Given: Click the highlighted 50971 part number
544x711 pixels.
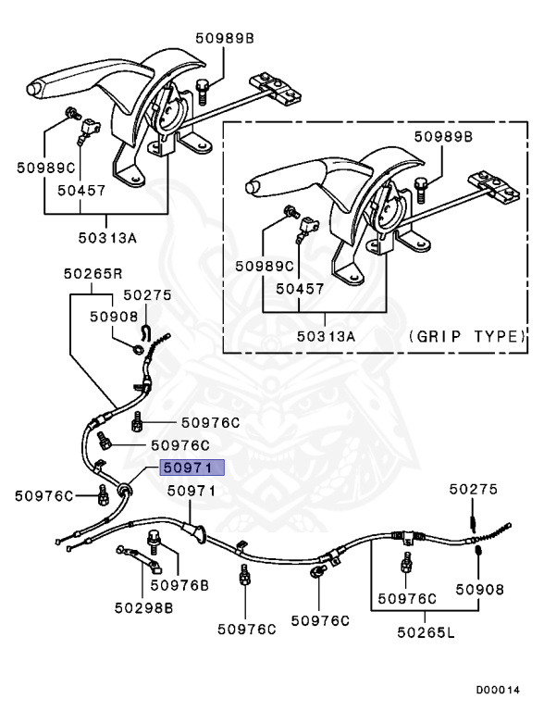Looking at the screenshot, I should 189,468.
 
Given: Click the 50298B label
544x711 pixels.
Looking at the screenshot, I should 144,608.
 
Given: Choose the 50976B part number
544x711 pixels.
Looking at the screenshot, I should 179,585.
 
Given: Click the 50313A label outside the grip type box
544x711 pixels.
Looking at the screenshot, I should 105,237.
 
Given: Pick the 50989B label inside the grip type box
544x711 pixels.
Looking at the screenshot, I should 442,136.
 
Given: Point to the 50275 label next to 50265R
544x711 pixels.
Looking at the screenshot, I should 147,295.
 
